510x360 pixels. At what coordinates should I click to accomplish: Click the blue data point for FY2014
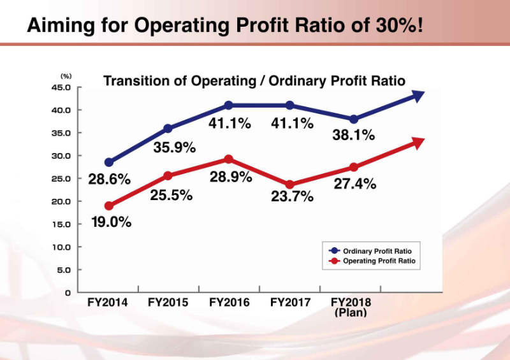(x=109, y=162)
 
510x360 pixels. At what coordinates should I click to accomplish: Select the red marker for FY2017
(x=290, y=185)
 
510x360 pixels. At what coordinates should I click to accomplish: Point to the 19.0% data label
(x=110, y=222)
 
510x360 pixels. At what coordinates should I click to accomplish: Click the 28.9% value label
(x=231, y=177)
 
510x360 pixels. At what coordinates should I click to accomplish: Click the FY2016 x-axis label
(x=229, y=302)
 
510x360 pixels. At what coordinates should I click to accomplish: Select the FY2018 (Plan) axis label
(x=351, y=306)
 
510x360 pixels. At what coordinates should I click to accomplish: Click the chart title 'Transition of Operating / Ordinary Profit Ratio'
(x=254, y=81)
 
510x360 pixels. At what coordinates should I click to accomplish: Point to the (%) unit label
(x=66, y=76)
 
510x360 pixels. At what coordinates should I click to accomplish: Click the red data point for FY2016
(x=229, y=159)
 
